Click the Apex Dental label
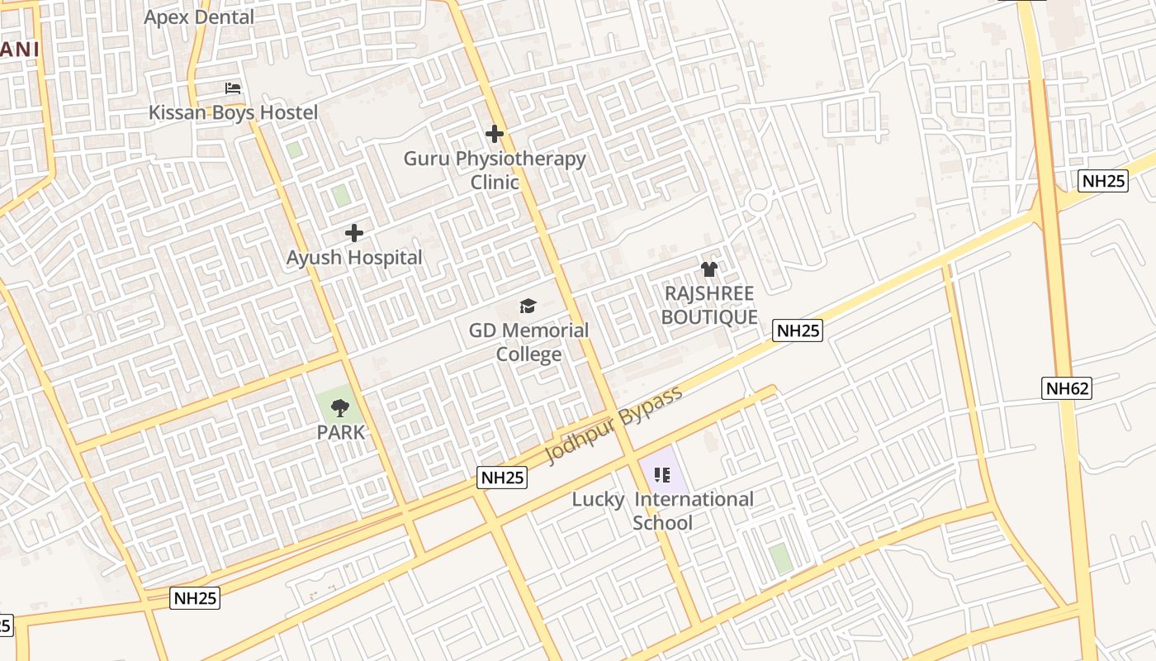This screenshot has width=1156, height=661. (199, 17)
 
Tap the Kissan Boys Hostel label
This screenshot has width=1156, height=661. (233, 112)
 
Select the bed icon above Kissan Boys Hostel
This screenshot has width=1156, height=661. (233, 88)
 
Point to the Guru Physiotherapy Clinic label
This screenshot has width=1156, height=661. (495, 170)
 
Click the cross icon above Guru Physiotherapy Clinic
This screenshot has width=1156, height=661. (495, 134)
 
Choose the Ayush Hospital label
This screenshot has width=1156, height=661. (354, 258)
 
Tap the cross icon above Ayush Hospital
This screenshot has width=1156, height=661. (354, 234)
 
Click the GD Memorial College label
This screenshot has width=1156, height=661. (528, 342)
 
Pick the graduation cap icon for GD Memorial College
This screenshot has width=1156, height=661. (528, 307)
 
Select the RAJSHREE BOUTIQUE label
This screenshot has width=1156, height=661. (709, 305)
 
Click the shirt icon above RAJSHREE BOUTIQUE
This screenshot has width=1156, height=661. (709, 269)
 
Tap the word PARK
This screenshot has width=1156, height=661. (340, 432)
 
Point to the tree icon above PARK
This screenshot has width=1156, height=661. (339, 407)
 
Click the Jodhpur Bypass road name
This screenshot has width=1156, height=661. (614, 425)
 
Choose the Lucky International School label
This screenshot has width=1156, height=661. (663, 511)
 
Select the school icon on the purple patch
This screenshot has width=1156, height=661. (661, 475)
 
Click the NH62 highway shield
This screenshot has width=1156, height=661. (1068, 388)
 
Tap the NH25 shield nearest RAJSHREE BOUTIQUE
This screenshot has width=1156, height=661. (798, 330)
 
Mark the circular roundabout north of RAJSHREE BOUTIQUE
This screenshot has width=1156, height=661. (758, 202)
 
